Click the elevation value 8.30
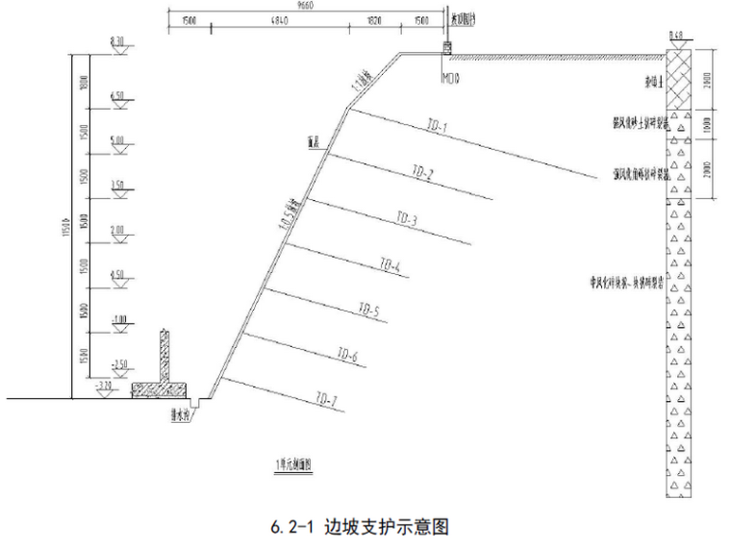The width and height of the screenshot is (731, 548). [117, 41]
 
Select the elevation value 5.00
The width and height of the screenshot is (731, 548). [117, 139]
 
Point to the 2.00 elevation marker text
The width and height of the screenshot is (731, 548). [117, 230]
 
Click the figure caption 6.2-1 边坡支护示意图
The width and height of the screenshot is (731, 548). [360, 527]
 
